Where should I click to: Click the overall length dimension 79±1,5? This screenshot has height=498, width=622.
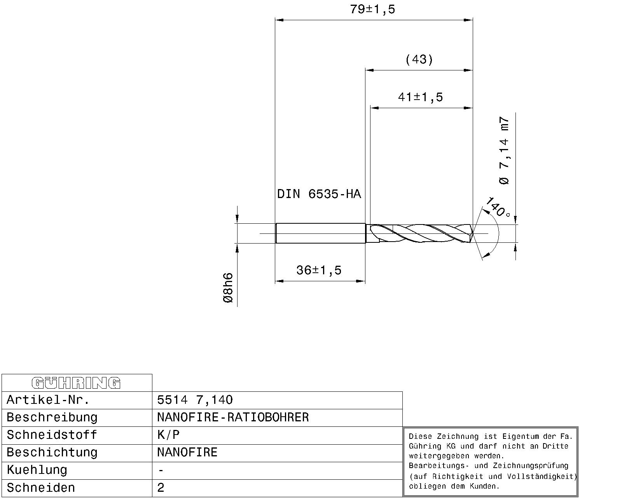(372, 9)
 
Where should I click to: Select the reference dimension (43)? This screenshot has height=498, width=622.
(419, 60)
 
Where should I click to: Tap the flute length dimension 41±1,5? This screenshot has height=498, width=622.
(420, 97)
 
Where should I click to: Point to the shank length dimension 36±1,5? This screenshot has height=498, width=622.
(319, 270)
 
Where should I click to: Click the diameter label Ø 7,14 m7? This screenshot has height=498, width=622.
(504, 150)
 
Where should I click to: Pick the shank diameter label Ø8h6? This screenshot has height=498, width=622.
(228, 288)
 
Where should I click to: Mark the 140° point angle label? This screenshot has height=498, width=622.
(497, 207)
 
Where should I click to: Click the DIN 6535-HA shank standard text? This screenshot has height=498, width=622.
(319, 194)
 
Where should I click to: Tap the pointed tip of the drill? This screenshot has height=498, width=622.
(473, 233)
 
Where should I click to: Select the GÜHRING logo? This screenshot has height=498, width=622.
(76, 383)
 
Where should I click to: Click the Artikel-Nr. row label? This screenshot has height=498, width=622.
(48, 400)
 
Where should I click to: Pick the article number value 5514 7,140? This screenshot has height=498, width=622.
(195, 400)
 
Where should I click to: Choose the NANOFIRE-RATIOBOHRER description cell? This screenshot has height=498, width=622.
(233, 417)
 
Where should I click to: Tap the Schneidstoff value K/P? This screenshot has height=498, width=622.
(168, 435)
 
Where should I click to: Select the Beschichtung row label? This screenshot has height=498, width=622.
(52, 452)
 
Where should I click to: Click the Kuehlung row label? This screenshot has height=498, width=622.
(37, 470)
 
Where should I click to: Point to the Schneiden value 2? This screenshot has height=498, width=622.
(161, 488)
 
